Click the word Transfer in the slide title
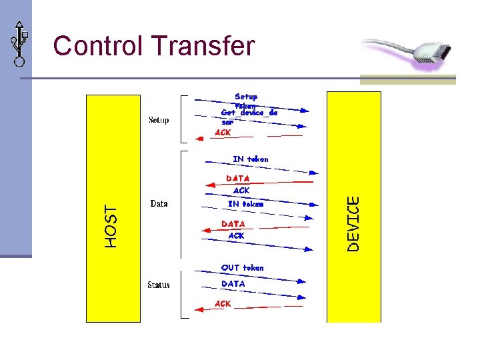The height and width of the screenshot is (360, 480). tap(203, 46)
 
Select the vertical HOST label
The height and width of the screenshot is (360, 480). tap(111, 227)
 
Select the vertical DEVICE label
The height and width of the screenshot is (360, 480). tap(354, 223)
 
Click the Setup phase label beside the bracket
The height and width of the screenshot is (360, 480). tap(159, 120)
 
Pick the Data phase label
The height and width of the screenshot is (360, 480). tap(159, 203)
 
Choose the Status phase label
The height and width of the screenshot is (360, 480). tap(159, 285)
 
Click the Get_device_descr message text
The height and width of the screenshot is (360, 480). tap(249, 117)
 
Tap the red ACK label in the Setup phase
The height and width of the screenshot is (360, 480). tap(223, 133)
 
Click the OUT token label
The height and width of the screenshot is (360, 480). tap(242, 267)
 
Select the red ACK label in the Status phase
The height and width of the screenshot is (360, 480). tap(223, 303)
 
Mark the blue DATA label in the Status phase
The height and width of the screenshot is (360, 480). tap(233, 283)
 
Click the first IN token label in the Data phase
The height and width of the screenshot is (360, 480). tap(250, 159)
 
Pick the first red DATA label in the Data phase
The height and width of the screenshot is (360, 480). tap(238, 179)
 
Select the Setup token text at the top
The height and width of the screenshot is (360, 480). tap(245, 97)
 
